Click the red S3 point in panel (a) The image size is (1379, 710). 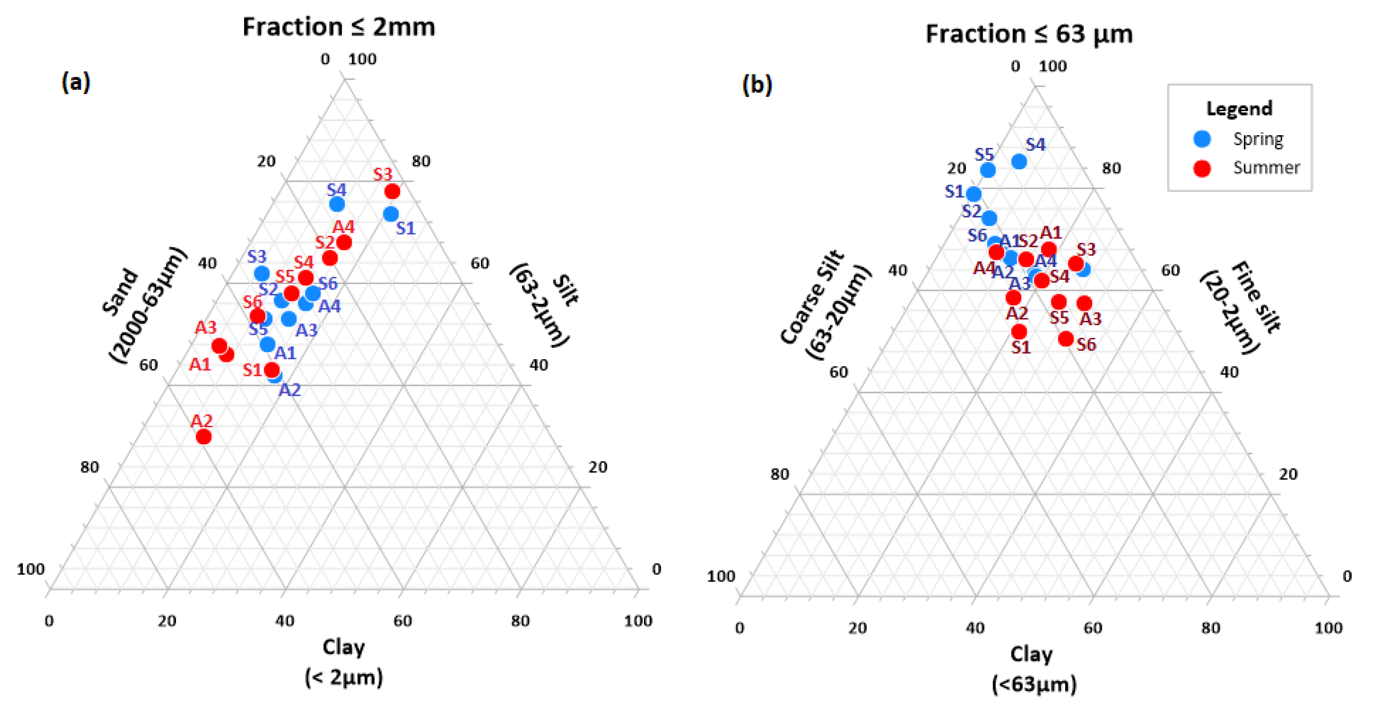[x=392, y=191]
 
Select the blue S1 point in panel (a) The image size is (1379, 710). [x=391, y=214]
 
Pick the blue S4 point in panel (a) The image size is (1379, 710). [x=337, y=204]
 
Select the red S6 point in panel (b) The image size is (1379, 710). [x=1065, y=338]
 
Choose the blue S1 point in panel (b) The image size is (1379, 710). [x=974, y=194]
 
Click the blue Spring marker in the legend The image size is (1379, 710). [x=1202, y=139]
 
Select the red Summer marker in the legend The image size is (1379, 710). [x=1202, y=168]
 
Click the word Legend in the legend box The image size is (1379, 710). [x=1239, y=109]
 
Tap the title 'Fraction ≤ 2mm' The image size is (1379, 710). [x=338, y=27]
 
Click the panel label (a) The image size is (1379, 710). [x=76, y=82]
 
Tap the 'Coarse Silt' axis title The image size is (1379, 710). [x=812, y=297]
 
